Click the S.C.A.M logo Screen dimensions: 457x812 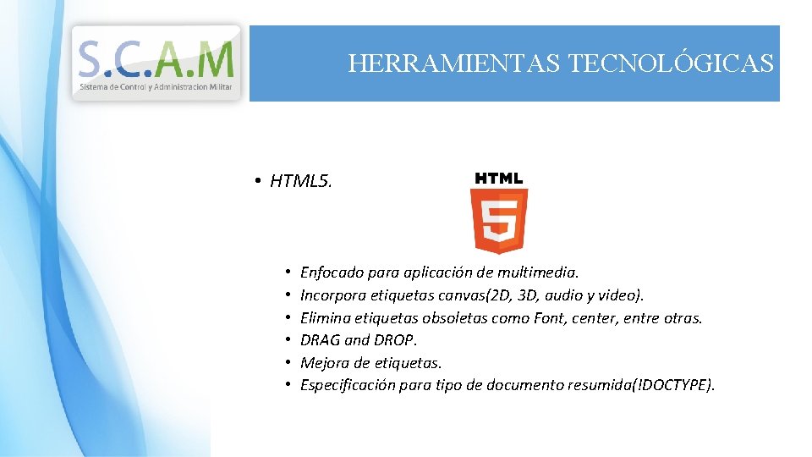(x=156, y=61)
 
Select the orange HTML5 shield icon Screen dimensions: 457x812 (x=499, y=220)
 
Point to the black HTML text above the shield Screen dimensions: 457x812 (x=499, y=179)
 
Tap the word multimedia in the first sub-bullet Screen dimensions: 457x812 (x=538, y=273)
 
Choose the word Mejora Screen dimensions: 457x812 (x=323, y=363)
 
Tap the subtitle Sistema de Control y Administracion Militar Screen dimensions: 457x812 (x=156, y=87)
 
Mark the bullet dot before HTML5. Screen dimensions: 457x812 (x=255, y=181)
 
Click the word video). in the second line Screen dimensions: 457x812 (x=621, y=295)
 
